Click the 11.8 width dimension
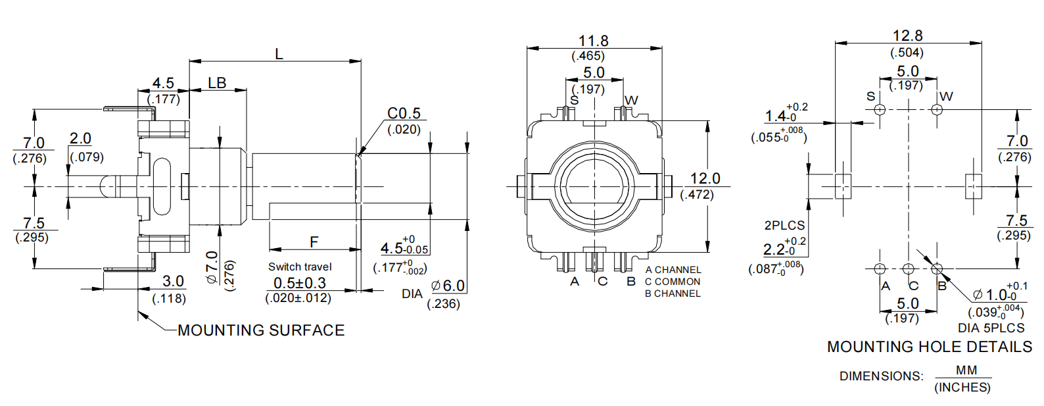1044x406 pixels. (x=593, y=41)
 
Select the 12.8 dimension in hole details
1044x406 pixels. (x=907, y=36)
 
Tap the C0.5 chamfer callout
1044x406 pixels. (x=404, y=113)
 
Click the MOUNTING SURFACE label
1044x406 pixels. (x=261, y=330)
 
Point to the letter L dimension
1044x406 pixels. (x=279, y=54)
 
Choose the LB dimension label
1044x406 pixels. (x=217, y=83)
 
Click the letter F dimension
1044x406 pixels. (x=314, y=241)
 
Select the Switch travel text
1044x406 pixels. (x=300, y=266)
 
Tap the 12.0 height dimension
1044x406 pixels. (x=705, y=178)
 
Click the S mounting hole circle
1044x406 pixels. (x=880, y=109)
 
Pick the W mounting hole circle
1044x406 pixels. (x=937, y=109)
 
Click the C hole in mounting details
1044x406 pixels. (x=908, y=268)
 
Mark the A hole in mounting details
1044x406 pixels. (x=880, y=268)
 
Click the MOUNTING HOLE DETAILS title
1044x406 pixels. (x=929, y=347)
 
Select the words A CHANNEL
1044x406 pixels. (x=673, y=270)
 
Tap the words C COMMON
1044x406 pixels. (x=673, y=282)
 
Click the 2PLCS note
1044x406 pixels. (x=784, y=225)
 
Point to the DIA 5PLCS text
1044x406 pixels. (x=991, y=328)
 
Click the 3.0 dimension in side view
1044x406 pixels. (x=173, y=281)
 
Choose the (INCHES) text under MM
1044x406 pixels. (x=962, y=388)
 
